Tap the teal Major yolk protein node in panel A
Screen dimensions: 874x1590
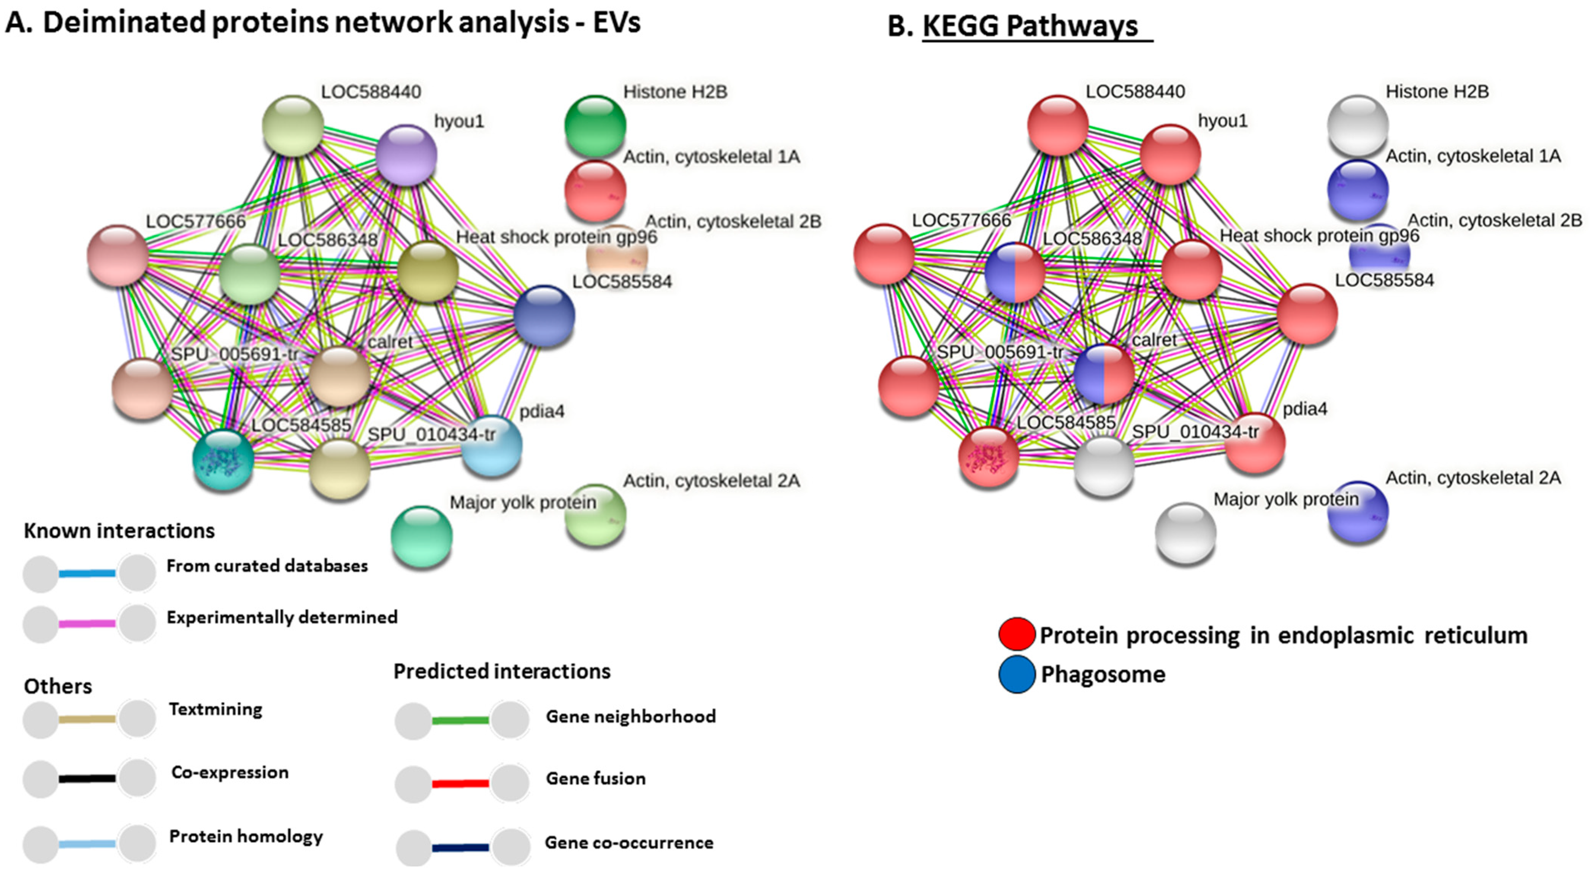coord(422,536)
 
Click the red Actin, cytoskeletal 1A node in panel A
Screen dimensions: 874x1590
coord(595,190)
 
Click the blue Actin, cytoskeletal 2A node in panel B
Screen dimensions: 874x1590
coord(1358,511)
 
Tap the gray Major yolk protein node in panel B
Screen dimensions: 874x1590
coord(1185,533)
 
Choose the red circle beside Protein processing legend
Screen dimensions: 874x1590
coord(1017,634)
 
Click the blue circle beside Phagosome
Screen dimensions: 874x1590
coord(1017,674)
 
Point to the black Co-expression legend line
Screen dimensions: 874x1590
coord(87,778)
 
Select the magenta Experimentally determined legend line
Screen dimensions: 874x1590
coord(87,623)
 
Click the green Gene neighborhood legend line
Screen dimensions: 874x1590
coord(460,720)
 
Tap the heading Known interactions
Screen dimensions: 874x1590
coord(119,531)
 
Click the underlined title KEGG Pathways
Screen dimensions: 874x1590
coord(1030,26)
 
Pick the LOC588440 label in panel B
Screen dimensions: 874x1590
coord(1135,91)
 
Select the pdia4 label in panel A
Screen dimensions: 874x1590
coord(541,411)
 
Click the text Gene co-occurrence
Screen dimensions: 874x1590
coord(628,842)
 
